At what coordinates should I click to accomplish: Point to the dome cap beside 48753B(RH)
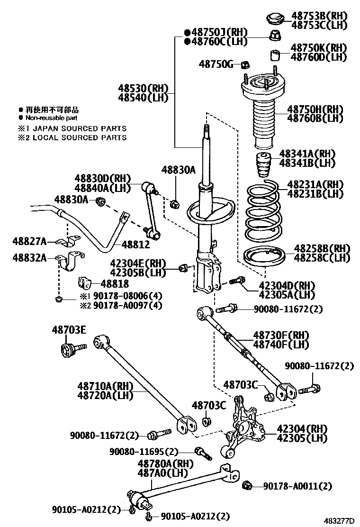[x=274, y=18]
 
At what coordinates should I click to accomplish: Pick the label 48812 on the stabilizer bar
[x=135, y=245]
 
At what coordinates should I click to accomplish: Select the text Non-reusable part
[x=51, y=118]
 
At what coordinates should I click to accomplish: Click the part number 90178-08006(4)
[x=127, y=296]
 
